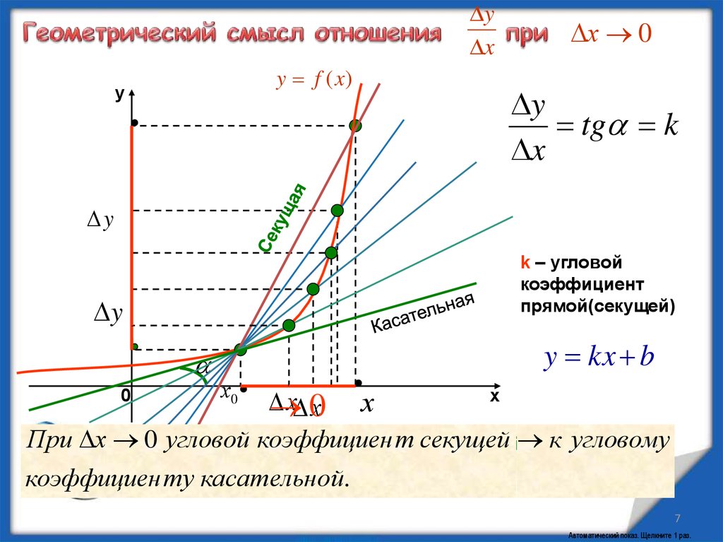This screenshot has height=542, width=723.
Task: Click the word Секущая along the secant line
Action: coord(284,218)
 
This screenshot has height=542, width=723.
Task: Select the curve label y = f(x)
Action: coord(313,81)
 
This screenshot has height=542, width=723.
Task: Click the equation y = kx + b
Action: coord(599,358)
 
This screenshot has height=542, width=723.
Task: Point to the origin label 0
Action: coord(125,397)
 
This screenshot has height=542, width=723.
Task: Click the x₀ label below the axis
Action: coord(229,394)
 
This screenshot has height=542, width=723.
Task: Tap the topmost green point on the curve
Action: coord(355,126)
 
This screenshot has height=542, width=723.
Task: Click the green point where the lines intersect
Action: coord(241,349)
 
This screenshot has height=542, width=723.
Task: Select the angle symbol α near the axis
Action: coord(203,367)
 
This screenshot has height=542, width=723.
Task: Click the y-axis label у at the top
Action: coord(120,93)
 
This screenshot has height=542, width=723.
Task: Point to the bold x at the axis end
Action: coord(494,397)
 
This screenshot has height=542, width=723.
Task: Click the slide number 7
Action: coord(678,516)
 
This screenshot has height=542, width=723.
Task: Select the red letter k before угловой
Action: coord(525,264)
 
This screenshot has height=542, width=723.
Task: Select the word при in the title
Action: coord(525,35)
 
